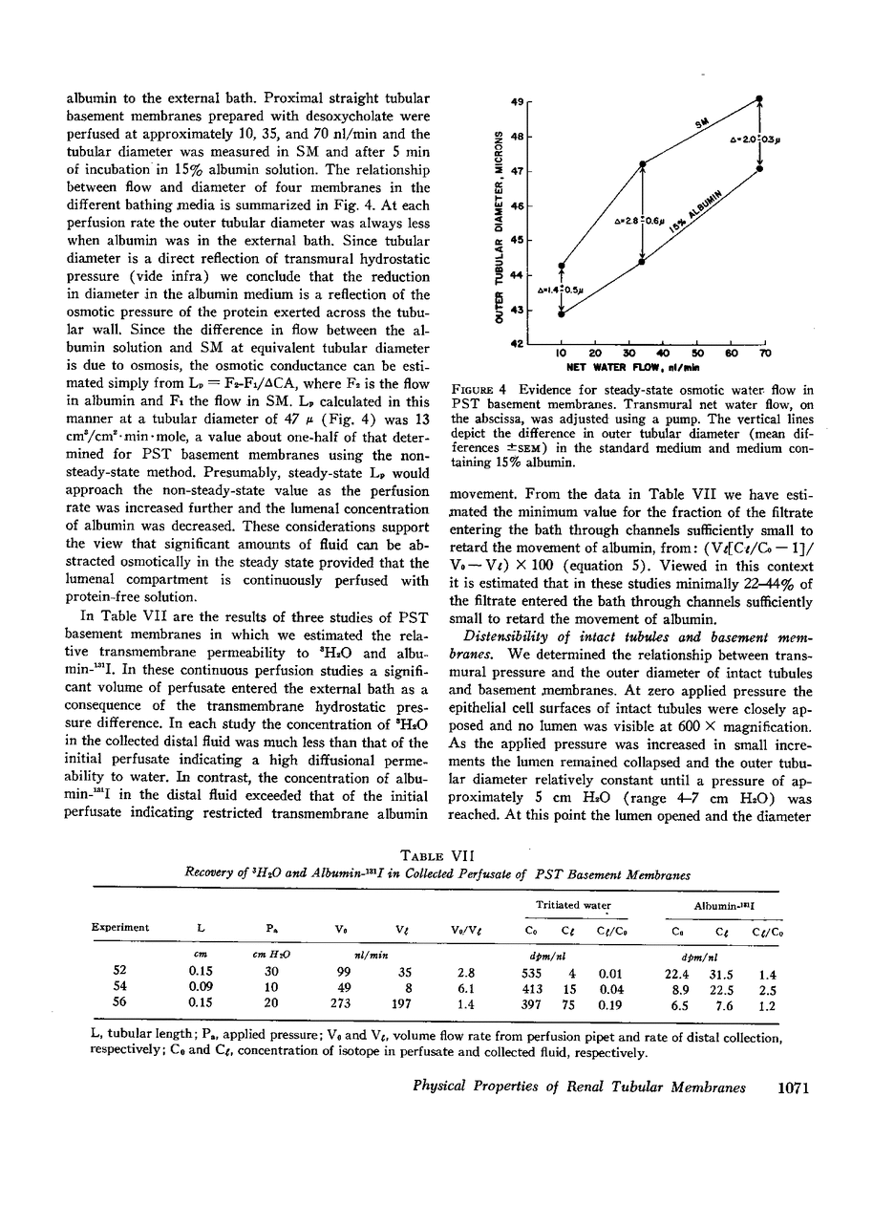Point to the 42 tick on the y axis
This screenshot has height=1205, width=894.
(516, 343)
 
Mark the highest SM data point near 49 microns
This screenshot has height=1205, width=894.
(759, 97)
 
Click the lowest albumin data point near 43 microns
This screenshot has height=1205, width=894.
(562, 313)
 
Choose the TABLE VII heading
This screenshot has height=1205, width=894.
(447, 857)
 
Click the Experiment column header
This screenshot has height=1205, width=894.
(120, 927)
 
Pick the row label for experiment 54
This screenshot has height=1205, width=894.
(120, 988)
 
